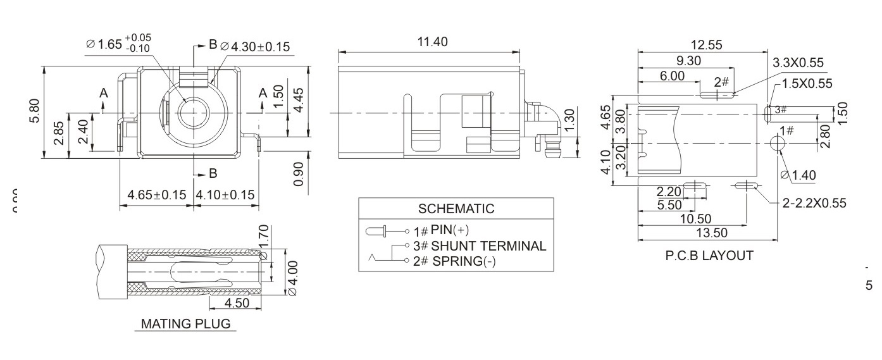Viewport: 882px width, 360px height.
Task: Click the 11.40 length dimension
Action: (x=432, y=42)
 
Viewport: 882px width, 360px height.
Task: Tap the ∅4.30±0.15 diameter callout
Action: (x=254, y=46)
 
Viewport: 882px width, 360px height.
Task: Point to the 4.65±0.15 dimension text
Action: (x=156, y=195)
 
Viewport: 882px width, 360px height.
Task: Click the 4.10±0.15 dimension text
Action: (x=225, y=195)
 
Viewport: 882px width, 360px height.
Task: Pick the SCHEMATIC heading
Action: (x=456, y=209)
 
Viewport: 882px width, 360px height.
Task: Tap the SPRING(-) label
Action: (x=464, y=261)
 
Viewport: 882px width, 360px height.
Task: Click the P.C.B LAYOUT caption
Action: (x=709, y=256)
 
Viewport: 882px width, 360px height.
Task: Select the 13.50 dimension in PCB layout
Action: (x=712, y=233)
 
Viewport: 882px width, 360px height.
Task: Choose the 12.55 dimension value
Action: (x=706, y=46)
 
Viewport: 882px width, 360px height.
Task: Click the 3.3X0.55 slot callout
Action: (x=798, y=62)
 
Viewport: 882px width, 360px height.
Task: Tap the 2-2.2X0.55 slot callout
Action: (x=814, y=202)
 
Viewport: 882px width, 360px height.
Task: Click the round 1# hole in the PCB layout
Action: (x=778, y=144)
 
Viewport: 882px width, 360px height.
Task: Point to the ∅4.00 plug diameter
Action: (x=292, y=278)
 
